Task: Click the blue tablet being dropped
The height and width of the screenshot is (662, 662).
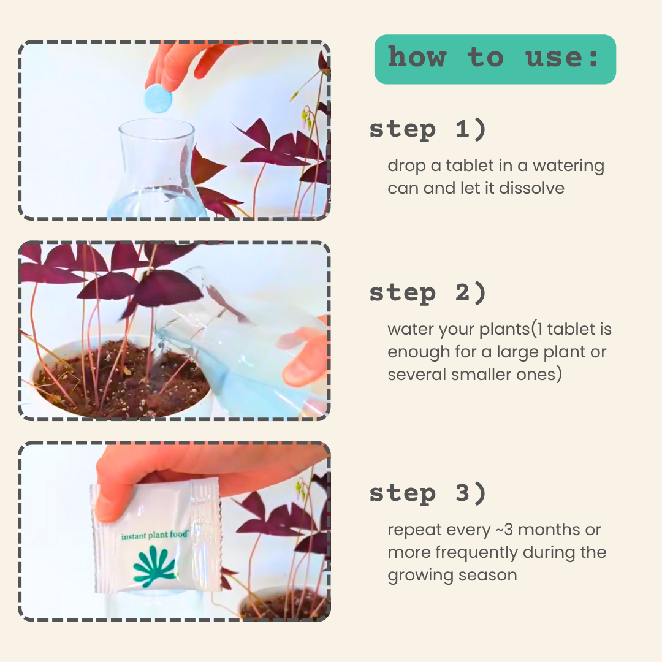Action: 158,99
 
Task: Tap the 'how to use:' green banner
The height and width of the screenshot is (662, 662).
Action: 495,59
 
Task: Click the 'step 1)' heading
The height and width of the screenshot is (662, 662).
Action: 427,129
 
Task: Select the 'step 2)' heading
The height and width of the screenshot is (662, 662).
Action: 427,293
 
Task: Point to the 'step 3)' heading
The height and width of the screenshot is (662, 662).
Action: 427,493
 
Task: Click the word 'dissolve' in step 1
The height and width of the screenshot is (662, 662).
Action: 531,188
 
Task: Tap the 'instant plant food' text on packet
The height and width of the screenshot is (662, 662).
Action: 154,536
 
